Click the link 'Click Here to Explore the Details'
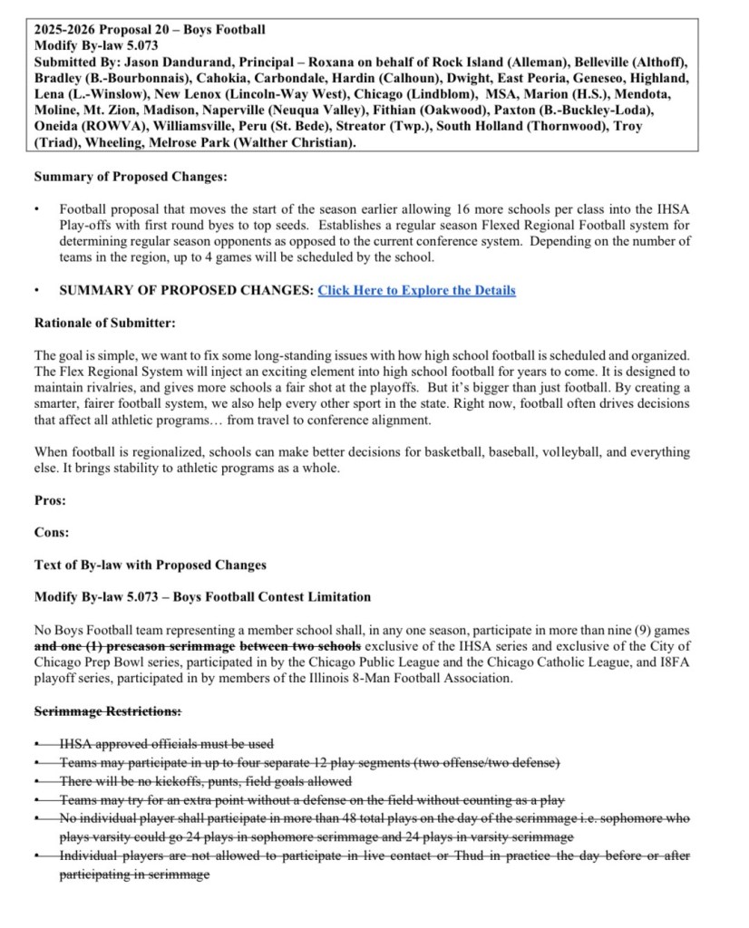pos(416,290)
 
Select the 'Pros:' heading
pos(49,499)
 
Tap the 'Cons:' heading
pos(51,532)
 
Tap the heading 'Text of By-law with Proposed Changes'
pos(151,565)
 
